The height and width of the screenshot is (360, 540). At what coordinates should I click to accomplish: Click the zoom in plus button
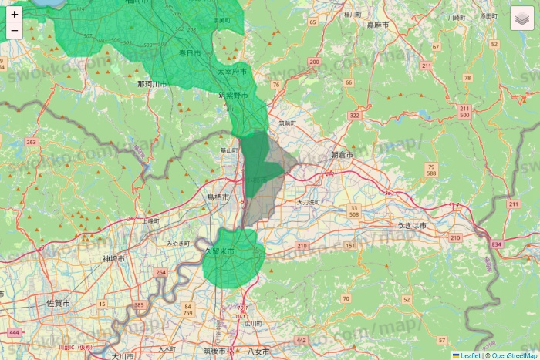pyautogui.click(x=15, y=14)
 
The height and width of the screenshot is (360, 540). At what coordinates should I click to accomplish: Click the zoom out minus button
pyautogui.click(x=15, y=31)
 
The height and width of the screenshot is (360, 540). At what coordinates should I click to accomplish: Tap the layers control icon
pyautogui.click(x=522, y=19)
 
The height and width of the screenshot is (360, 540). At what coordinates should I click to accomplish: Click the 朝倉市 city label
pyautogui.click(x=342, y=155)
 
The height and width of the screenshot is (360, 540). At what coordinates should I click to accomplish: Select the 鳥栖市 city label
pyautogui.click(x=218, y=198)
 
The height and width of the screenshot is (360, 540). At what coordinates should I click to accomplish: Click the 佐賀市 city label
pyautogui.click(x=59, y=304)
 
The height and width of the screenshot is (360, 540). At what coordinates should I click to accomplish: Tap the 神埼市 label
pyautogui.click(x=113, y=259)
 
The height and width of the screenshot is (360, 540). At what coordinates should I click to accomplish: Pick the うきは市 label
pyautogui.click(x=412, y=224)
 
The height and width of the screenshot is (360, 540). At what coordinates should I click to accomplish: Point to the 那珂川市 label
pyautogui.click(x=152, y=83)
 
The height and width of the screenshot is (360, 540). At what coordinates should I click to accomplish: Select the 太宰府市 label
pyautogui.click(x=232, y=72)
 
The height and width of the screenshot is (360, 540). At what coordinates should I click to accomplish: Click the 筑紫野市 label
pyautogui.click(x=233, y=96)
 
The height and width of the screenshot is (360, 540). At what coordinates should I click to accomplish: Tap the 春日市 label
pyautogui.click(x=190, y=53)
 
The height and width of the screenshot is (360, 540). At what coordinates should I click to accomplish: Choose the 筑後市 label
pyautogui.click(x=214, y=352)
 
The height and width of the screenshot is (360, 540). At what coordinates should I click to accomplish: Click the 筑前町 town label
pyautogui.click(x=287, y=123)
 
